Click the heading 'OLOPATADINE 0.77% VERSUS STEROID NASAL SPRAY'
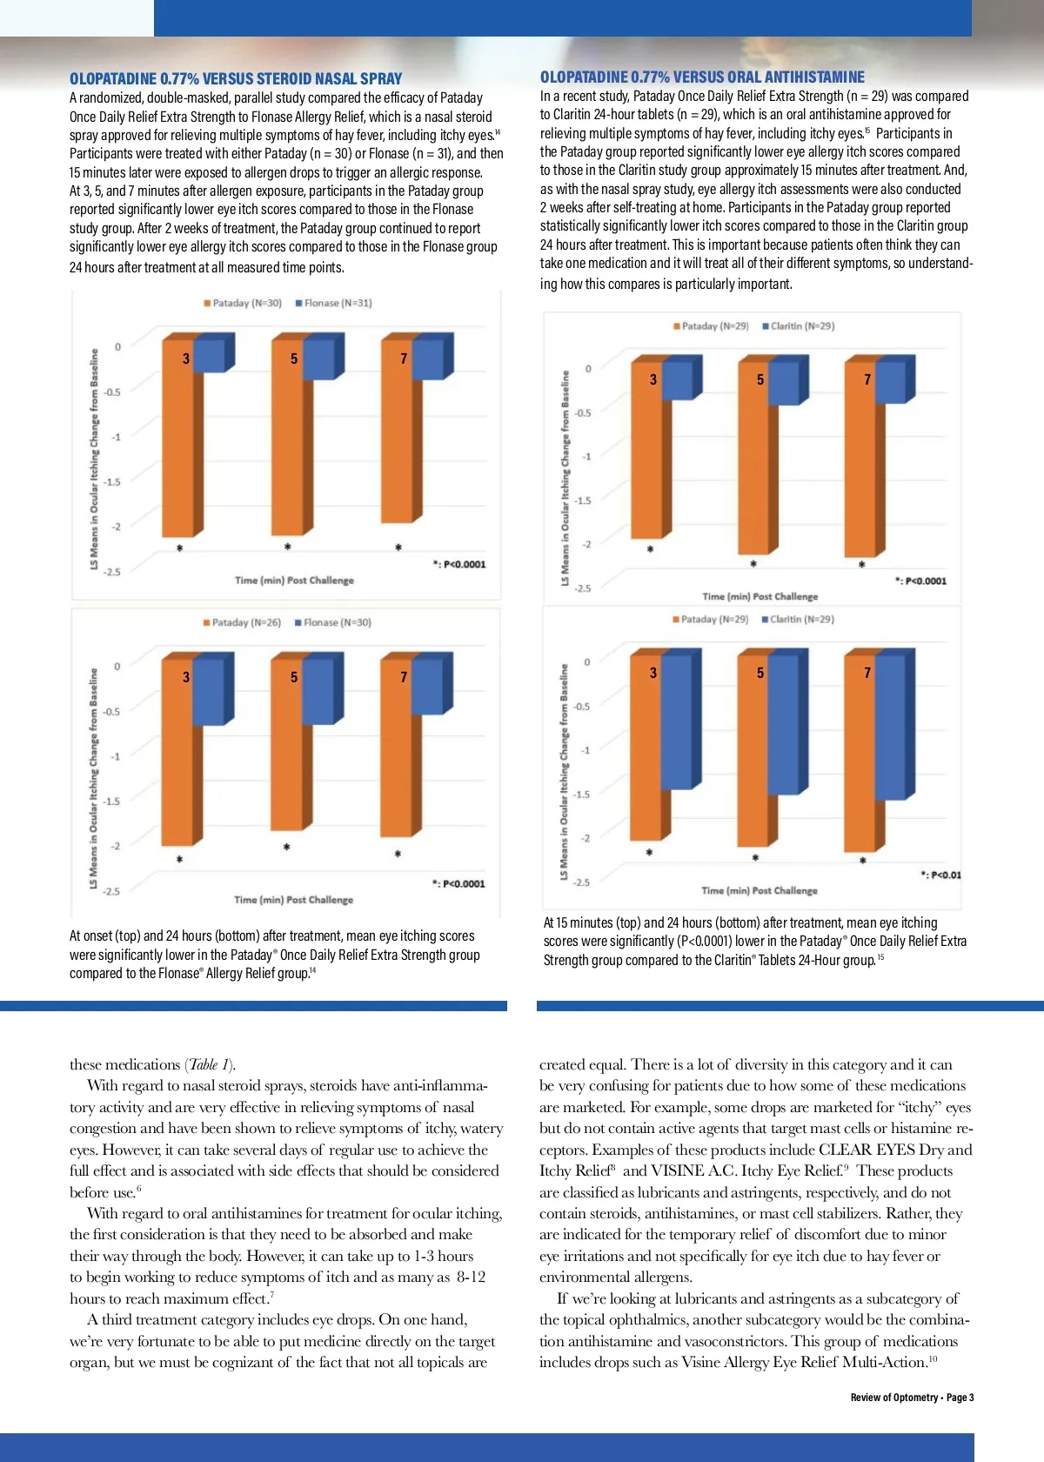[236, 78]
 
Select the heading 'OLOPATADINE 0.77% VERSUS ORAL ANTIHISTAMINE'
[702, 77]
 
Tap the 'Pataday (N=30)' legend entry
[243, 303]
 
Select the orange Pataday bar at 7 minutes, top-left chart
[396, 435]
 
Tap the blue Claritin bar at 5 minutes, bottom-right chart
[783, 727]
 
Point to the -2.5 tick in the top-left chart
[112, 572]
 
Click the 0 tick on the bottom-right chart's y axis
[587, 662]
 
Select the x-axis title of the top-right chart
[760, 596]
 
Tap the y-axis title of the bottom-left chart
[94, 778]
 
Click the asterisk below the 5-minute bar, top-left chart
[287, 547]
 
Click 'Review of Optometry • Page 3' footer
[912, 1397]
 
